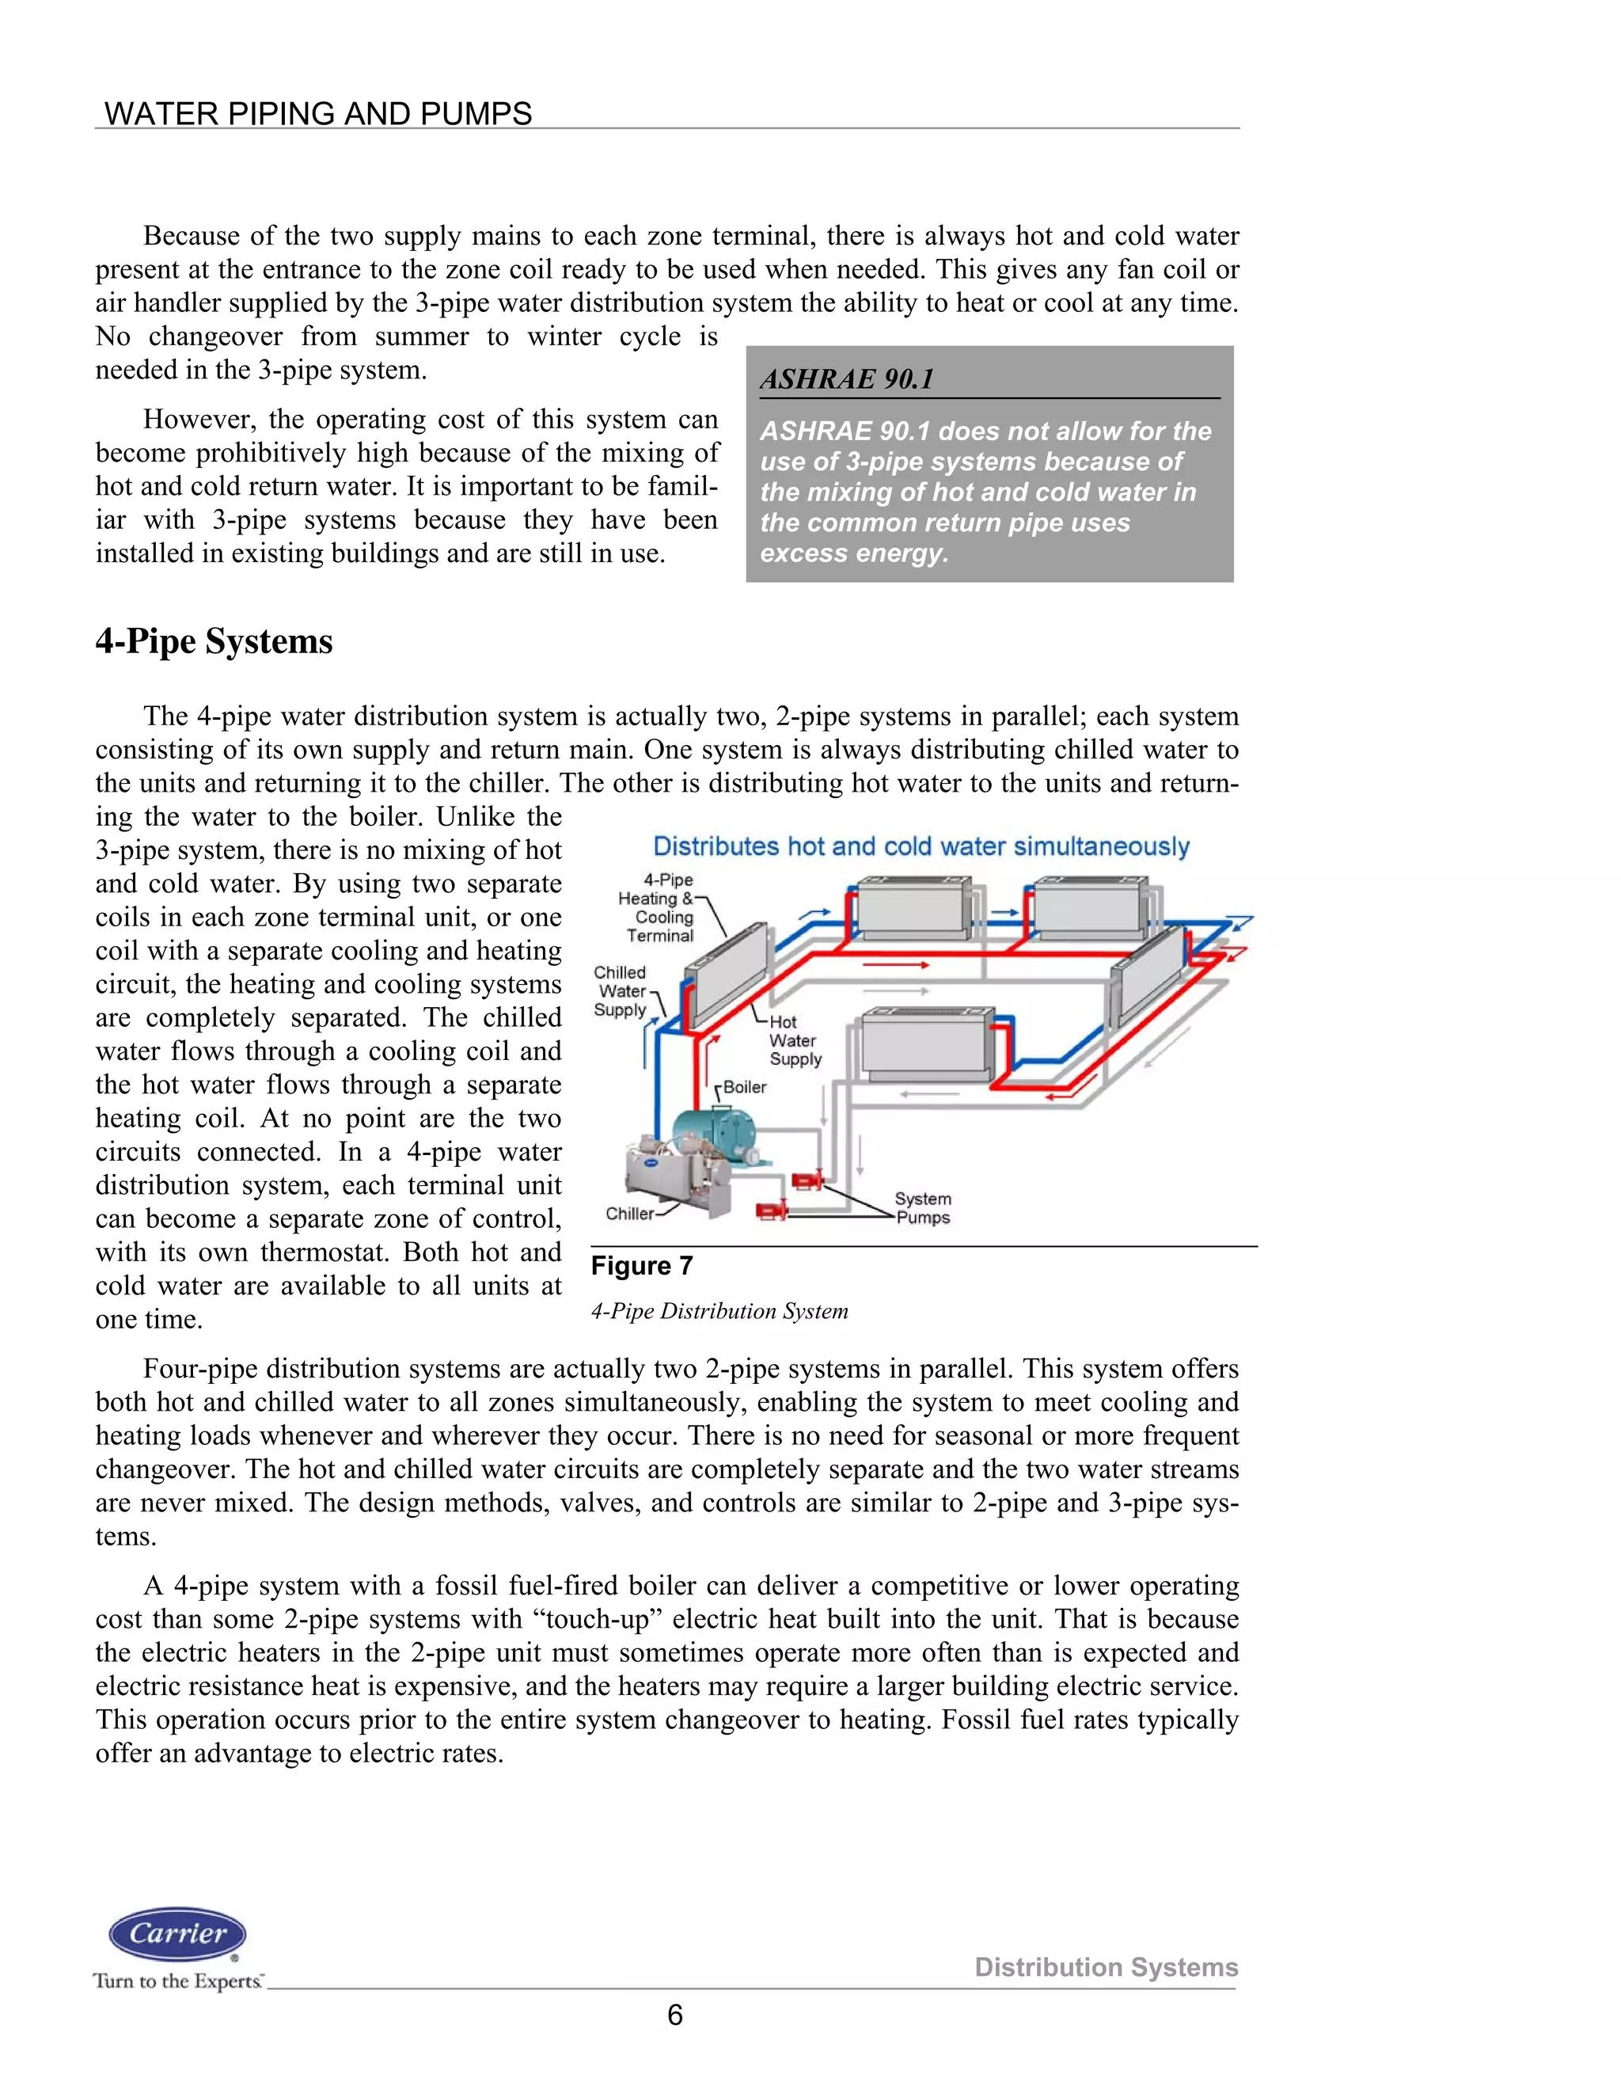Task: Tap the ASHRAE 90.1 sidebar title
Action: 847,379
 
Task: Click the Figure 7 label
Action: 641,1266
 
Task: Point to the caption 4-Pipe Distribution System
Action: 719,1311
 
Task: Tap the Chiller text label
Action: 629,1213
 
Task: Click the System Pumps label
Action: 923,1208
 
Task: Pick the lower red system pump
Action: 771,1211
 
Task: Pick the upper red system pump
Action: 807,1180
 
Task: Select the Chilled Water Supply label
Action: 621,991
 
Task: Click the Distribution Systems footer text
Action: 1107,1967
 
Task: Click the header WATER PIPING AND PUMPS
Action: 318,113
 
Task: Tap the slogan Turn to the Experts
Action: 177,1981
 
